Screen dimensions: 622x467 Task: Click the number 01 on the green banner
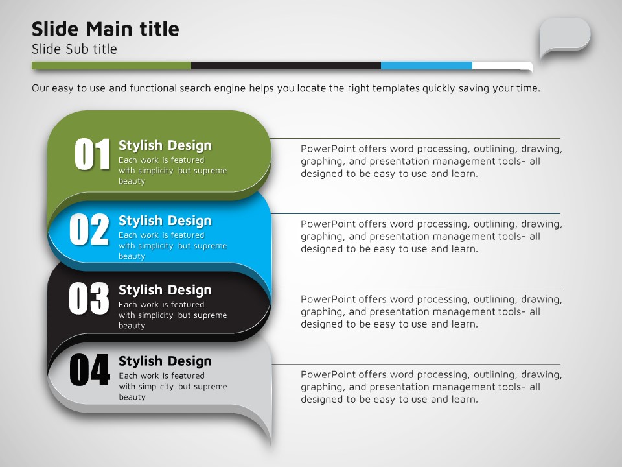coord(92,154)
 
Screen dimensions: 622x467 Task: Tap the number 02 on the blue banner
coord(89,229)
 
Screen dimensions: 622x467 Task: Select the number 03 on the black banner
coord(89,298)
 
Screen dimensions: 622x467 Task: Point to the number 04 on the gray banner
coord(89,370)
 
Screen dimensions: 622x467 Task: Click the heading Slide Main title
coord(106,29)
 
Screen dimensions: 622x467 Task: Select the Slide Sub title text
coord(74,49)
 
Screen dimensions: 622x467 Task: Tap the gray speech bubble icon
coord(564,38)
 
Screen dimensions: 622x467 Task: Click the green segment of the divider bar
coord(111,66)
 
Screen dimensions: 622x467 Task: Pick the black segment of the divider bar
coord(286,66)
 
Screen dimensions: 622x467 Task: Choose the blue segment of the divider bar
coord(427,66)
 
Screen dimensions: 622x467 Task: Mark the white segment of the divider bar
coord(502,66)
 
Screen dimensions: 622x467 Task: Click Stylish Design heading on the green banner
coord(165,146)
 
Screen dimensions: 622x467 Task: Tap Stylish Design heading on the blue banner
coord(165,221)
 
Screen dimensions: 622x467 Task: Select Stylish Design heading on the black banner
coord(165,291)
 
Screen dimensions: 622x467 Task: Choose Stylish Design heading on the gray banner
coord(165,361)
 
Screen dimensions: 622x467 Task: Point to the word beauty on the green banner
coord(132,181)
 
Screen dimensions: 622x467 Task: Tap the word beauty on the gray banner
coord(132,397)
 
